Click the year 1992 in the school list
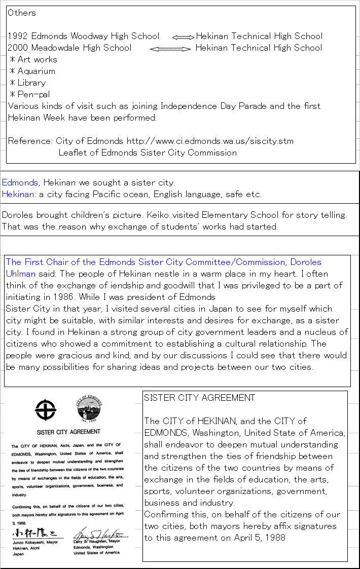[x=18, y=36]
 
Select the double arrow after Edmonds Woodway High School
[x=183, y=37]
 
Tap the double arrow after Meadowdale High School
[x=171, y=49]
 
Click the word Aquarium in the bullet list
[x=36, y=71]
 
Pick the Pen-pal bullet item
[x=33, y=94]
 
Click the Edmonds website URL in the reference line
[x=210, y=141]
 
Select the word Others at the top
[x=22, y=13]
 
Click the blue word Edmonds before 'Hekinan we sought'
[x=20, y=182]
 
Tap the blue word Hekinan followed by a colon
[x=18, y=194]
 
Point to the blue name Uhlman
[x=21, y=274]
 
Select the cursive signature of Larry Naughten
[x=99, y=534]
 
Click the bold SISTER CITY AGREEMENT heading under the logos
[x=68, y=432]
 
